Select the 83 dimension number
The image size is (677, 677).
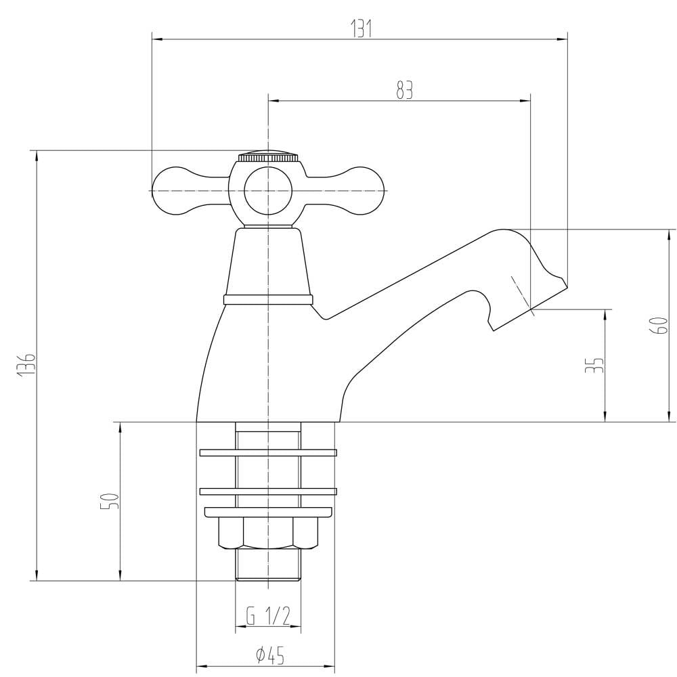(x=404, y=90)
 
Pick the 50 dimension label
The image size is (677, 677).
(x=109, y=502)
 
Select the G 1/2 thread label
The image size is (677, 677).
(x=268, y=616)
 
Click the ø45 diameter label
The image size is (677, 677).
(x=269, y=655)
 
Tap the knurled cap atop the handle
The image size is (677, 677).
(x=268, y=156)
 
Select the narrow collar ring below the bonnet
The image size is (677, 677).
(x=268, y=299)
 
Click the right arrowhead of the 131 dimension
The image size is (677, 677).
(x=563, y=39)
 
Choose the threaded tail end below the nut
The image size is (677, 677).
(x=268, y=565)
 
